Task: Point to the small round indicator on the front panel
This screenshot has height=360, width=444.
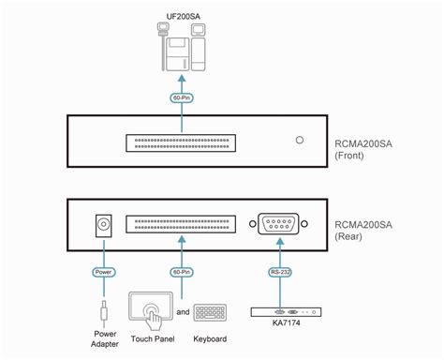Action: pyautogui.click(x=299, y=142)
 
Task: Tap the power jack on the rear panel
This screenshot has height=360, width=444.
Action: pyautogui.click(x=104, y=225)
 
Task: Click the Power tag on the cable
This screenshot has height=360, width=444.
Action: pyautogui.click(x=104, y=273)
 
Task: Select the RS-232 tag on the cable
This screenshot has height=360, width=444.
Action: pyautogui.click(x=281, y=273)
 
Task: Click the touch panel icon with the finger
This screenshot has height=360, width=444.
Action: pyautogui.click(x=150, y=309)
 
